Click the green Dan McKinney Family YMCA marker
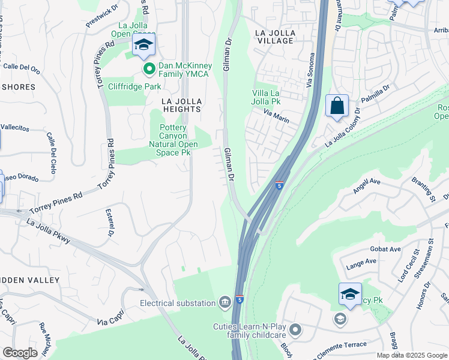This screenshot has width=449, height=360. [x=149, y=70]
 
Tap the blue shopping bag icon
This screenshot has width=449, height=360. [x=337, y=106]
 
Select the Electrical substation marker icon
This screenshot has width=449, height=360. [x=224, y=301]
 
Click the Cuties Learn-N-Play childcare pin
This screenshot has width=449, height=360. [x=295, y=329]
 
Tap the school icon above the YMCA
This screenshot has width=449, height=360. [x=144, y=45]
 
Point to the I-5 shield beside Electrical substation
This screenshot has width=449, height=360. [x=240, y=299]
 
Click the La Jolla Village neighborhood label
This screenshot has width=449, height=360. [x=274, y=36]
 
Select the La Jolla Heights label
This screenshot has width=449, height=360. [x=181, y=105]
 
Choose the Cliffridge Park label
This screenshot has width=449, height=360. [x=134, y=86]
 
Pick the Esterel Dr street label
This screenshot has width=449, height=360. [x=110, y=223]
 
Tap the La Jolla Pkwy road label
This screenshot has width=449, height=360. [x=49, y=232]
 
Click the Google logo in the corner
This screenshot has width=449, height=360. [x=20, y=353]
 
